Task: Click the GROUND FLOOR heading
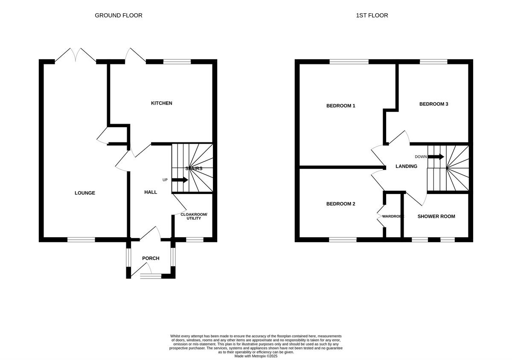pyautogui.click(x=118, y=15)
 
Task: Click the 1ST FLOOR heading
pyautogui.click(x=372, y=15)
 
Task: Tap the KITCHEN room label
pyautogui.click(x=162, y=103)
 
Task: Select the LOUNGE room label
pyautogui.click(x=85, y=193)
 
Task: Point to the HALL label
pyautogui.click(x=151, y=192)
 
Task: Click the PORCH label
pyautogui.click(x=151, y=258)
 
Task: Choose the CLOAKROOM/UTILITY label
pyautogui.click(x=194, y=216)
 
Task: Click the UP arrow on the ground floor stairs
pyautogui.click(x=180, y=180)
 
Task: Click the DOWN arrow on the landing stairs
pyautogui.click(x=436, y=157)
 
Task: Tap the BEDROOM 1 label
pyautogui.click(x=341, y=106)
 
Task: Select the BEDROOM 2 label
pyautogui.click(x=341, y=204)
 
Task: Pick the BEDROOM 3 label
pyautogui.click(x=433, y=104)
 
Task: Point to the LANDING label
pyautogui.click(x=406, y=166)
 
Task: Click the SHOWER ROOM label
pyautogui.click(x=436, y=216)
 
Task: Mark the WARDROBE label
pyautogui.click(x=393, y=217)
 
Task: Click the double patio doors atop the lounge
pyautogui.click(x=75, y=56)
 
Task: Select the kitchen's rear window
pyautogui.click(x=177, y=62)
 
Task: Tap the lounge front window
pyautogui.click(x=81, y=240)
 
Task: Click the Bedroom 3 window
pyautogui.click(x=433, y=62)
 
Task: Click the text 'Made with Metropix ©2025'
pyautogui.click(x=256, y=356)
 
